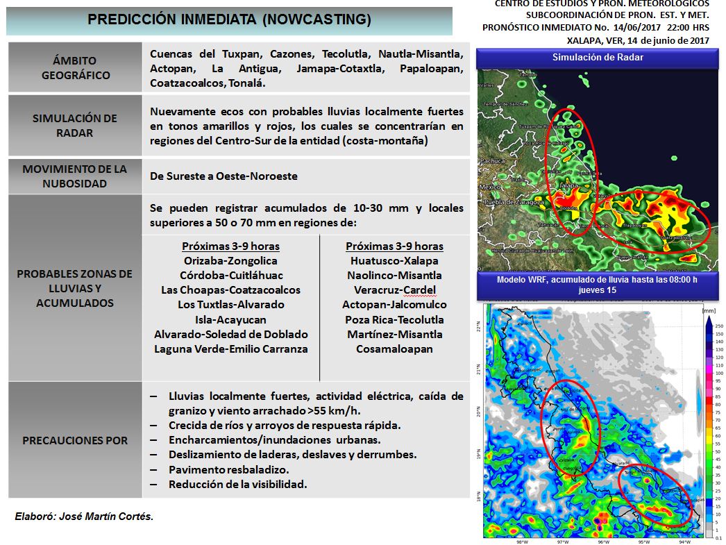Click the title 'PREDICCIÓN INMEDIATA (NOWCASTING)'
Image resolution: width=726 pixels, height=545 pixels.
click(229, 21)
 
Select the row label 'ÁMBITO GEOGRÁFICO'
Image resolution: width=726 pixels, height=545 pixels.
click(76, 68)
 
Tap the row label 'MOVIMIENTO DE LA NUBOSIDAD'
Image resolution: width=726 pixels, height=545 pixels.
click(75, 176)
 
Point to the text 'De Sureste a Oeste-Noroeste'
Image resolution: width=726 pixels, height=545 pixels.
click(223, 176)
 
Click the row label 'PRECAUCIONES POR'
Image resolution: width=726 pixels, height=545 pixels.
click(75, 440)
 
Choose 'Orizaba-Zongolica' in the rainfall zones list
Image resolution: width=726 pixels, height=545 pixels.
click(230, 261)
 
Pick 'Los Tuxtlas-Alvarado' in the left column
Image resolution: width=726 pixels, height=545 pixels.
click(230, 305)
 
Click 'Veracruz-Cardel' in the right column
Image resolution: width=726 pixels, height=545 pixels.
click(395, 290)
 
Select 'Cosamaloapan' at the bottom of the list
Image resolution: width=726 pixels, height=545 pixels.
click(394, 349)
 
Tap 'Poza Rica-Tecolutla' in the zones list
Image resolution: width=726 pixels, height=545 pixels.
click(395, 320)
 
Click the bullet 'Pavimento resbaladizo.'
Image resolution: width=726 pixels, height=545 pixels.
click(228, 469)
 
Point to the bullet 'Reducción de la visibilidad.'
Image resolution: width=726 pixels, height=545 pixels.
click(237, 484)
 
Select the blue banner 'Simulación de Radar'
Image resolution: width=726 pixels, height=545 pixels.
click(597, 58)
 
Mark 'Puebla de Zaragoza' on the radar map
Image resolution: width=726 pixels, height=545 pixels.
click(514, 201)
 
